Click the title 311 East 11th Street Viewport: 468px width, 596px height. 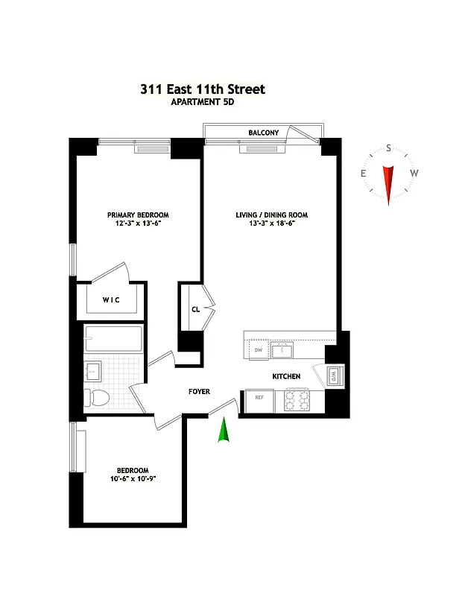click(x=202, y=89)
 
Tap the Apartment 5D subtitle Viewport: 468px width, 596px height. click(x=202, y=103)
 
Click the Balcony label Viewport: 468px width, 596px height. click(x=264, y=133)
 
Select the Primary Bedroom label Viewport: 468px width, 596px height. click(x=137, y=215)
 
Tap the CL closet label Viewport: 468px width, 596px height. click(x=195, y=308)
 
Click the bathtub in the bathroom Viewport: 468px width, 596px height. click(x=113, y=340)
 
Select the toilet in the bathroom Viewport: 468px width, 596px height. click(x=95, y=397)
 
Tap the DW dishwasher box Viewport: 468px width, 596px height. click(x=259, y=349)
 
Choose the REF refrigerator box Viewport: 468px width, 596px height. click(x=259, y=397)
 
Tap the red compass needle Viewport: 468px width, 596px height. click(x=388, y=183)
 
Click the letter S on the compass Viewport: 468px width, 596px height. click(x=388, y=148)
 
